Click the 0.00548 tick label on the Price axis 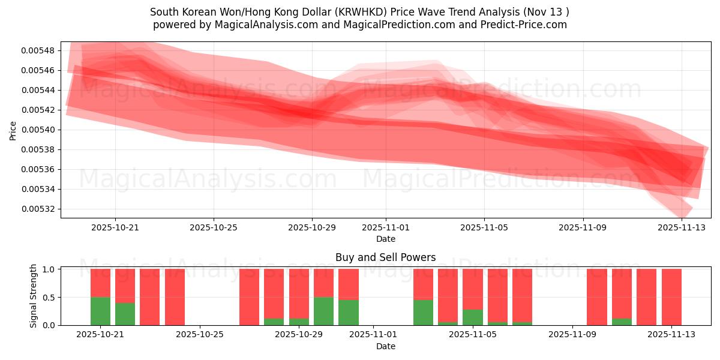click(x=37, y=50)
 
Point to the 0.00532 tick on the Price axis click(x=37, y=209)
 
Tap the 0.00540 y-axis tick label click(x=37, y=130)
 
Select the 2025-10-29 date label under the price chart click(x=312, y=228)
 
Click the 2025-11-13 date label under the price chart click(x=682, y=228)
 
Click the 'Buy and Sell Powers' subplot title click(x=385, y=257)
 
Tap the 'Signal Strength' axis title click(x=34, y=296)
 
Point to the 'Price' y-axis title click(x=13, y=130)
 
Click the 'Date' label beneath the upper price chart click(x=385, y=239)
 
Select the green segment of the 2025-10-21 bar click(x=100, y=311)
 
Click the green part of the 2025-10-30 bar click(x=323, y=311)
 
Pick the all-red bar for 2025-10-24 click(x=175, y=297)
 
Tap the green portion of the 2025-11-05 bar click(x=472, y=317)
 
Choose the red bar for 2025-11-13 click(x=671, y=297)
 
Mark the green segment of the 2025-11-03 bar click(x=423, y=312)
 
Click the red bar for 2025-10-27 click(x=249, y=297)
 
